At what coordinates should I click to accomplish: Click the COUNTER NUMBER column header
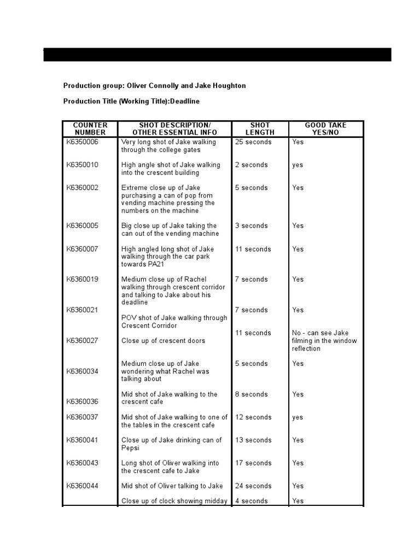tap(90, 129)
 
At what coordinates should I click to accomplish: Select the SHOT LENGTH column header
tap(259, 129)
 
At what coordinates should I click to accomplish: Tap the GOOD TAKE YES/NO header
tap(325, 129)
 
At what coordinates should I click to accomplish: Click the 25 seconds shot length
tap(253, 142)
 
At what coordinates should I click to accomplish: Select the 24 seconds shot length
tap(253, 486)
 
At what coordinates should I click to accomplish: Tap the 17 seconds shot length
tap(253, 463)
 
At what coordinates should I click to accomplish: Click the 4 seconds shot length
tap(251, 501)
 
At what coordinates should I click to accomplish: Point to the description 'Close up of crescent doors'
tap(163, 341)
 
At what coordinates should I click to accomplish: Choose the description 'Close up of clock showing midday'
tap(174, 501)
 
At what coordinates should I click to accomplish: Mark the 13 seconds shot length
tap(253, 440)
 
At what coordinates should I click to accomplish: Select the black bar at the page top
tap(217, 55)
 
